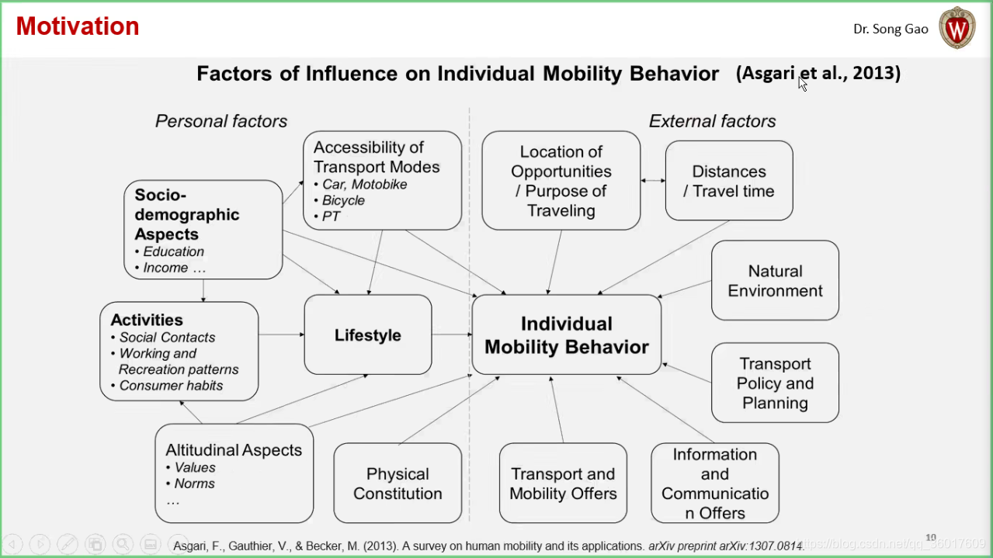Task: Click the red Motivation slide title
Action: (78, 26)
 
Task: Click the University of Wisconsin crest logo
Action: (957, 28)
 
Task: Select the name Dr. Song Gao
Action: (890, 29)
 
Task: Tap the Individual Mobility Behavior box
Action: (566, 335)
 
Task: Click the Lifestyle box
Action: (367, 335)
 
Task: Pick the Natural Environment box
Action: (775, 281)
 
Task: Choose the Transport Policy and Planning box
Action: (775, 383)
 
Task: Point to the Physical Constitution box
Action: (398, 483)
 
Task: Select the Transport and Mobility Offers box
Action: (563, 483)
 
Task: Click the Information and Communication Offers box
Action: (714, 483)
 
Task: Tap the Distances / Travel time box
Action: (728, 181)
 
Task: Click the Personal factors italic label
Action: (221, 121)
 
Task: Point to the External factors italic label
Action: (712, 121)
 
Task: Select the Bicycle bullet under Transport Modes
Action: (343, 200)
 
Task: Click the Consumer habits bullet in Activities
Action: (171, 386)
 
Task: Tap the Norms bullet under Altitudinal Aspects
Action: (194, 483)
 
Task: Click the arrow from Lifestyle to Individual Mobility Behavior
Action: (452, 334)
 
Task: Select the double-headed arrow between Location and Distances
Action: (653, 181)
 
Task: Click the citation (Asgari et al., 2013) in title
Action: (818, 74)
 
